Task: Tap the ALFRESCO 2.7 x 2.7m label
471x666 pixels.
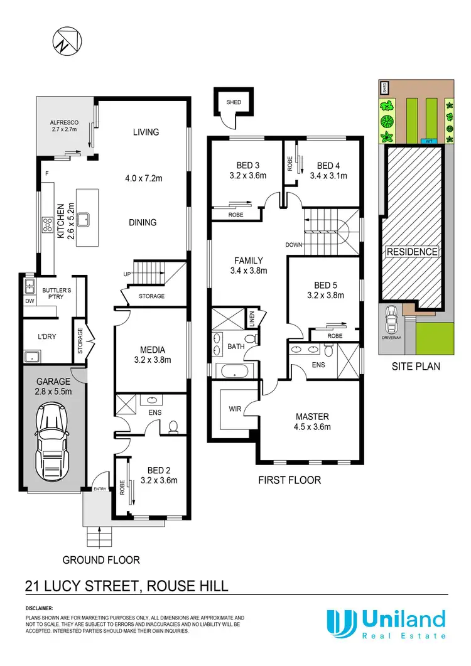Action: click(63, 126)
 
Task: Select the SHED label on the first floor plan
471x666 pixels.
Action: click(226, 102)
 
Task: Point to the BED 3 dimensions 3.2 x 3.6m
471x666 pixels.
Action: click(247, 176)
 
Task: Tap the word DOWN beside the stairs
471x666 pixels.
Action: click(293, 245)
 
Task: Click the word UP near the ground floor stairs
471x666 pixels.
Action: click(126, 274)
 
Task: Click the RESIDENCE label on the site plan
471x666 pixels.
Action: click(411, 252)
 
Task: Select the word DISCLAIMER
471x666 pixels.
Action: click(40, 609)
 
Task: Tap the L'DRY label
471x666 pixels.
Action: click(48, 336)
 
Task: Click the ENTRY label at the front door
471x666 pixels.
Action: click(100, 489)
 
